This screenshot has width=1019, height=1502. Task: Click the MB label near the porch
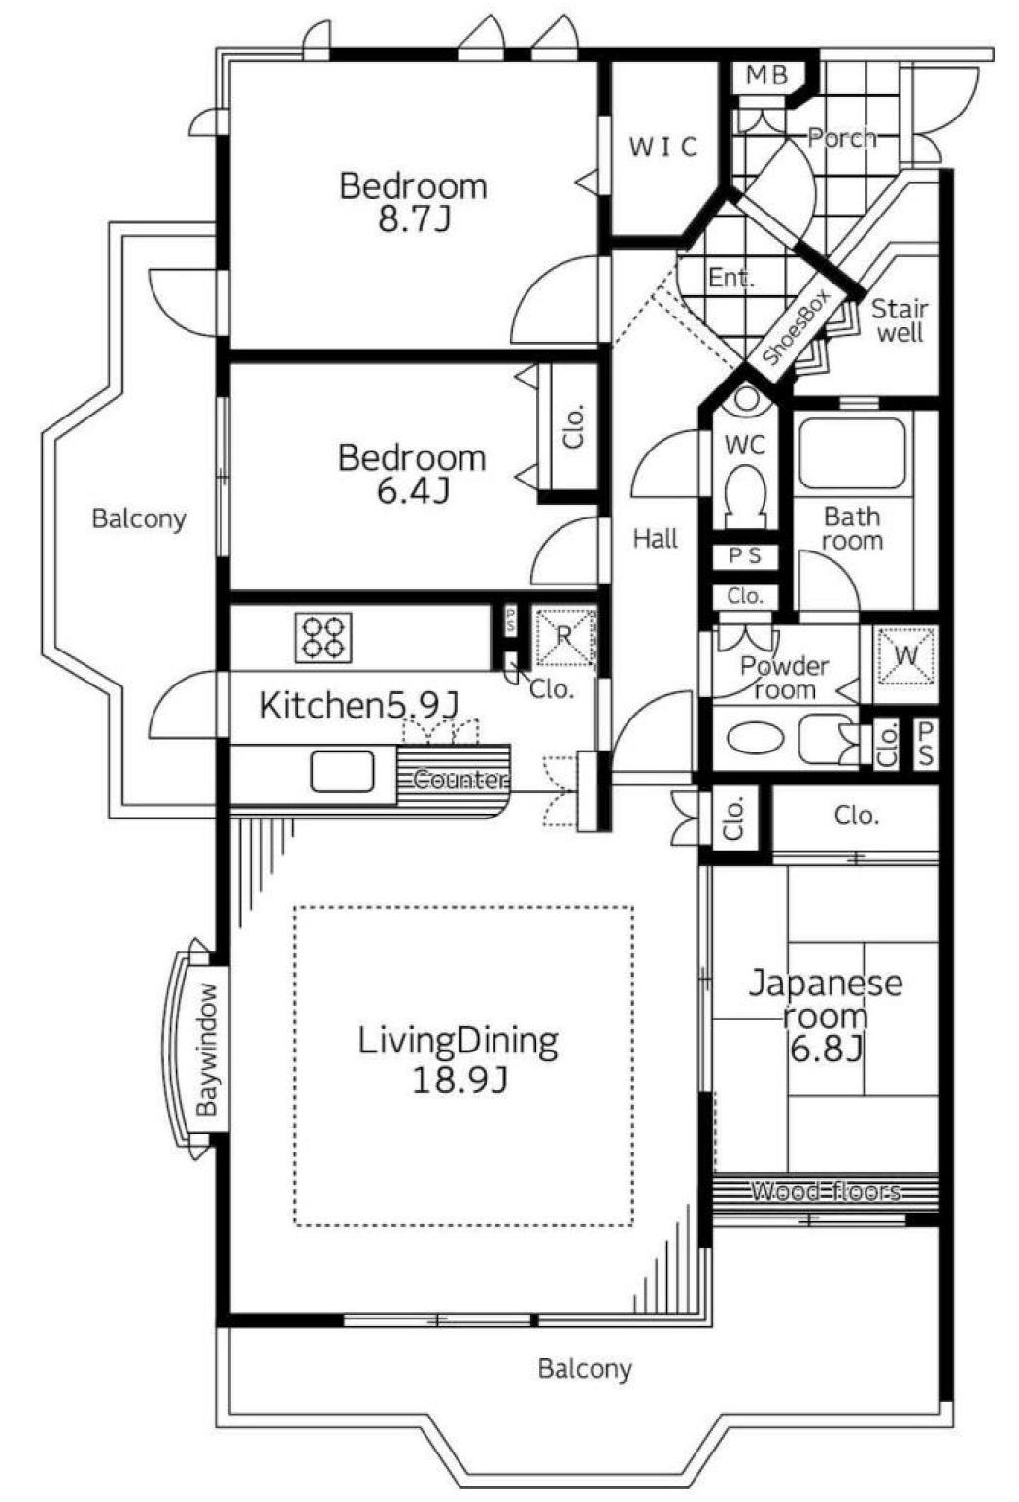[766, 75]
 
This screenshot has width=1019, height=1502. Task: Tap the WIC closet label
[663, 147]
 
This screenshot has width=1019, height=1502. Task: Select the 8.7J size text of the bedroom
[414, 218]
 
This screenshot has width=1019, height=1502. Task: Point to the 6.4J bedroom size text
[412, 490]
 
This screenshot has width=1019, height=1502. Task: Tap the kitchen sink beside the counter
[342, 771]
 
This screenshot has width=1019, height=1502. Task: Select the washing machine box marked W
[905, 655]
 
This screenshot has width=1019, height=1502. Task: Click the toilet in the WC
[745, 497]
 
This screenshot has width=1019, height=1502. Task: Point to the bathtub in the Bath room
[853, 454]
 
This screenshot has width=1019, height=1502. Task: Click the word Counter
[459, 780]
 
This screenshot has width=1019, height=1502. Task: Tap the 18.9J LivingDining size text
[459, 1079]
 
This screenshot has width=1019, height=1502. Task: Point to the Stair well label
[900, 320]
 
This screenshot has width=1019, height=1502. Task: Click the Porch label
[842, 138]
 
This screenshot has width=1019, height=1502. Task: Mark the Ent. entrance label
[731, 277]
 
